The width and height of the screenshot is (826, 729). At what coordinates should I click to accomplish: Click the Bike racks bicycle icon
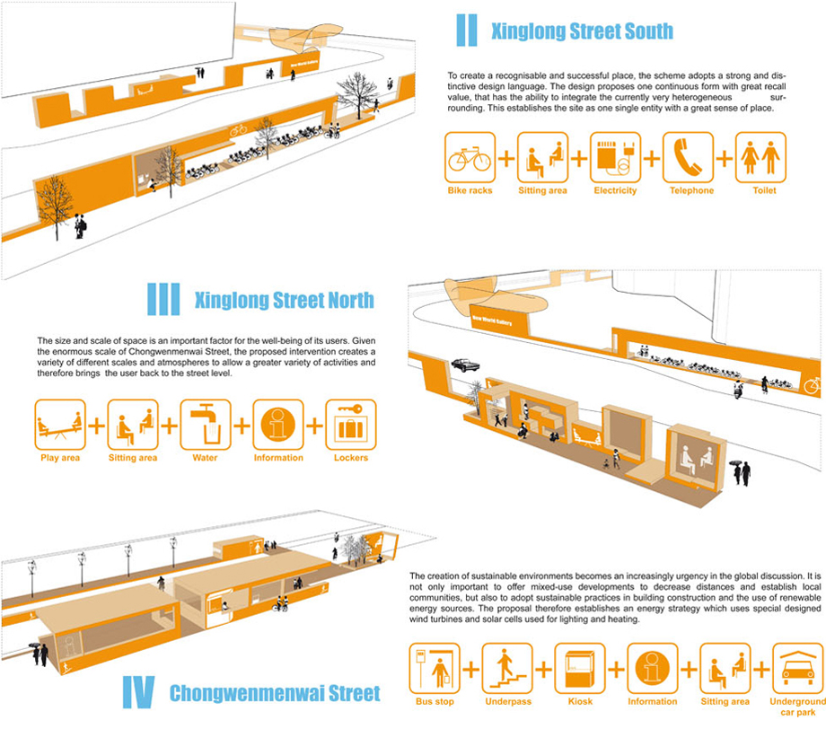click(469, 158)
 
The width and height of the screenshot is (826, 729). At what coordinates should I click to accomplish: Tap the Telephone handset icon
click(688, 158)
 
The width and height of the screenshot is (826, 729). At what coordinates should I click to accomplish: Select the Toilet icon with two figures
click(760, 158)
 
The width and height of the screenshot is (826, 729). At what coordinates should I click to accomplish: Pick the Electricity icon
click(615, 158)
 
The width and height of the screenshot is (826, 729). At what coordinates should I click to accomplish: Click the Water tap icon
click(206, 425)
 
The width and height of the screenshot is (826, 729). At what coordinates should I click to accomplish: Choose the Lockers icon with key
click(350, 425)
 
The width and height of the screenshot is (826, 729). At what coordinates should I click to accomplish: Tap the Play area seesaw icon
click(60, 425)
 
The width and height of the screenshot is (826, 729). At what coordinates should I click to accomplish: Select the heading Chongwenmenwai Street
click(274, 693)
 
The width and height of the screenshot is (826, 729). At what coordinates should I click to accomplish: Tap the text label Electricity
click(615, 191)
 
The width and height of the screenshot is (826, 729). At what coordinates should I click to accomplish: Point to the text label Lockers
click(350, 458)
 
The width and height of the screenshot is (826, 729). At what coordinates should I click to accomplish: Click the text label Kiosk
click(580, 702)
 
